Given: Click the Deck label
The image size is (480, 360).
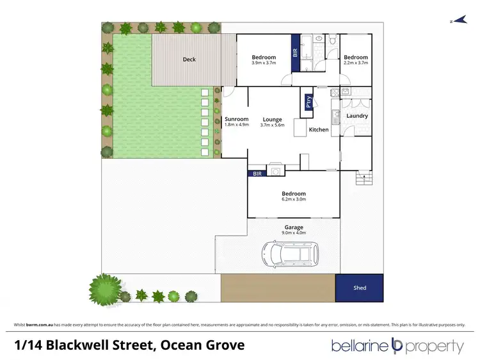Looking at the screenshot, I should click(x=189, y=60).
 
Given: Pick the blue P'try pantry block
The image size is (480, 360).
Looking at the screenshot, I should click(x=308, y=103).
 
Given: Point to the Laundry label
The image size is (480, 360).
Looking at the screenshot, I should click(x=356, y=116).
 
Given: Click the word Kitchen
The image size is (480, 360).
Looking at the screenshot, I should click(x=319, y=130).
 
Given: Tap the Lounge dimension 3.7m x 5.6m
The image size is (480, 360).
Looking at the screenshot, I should click(x=272, y=125).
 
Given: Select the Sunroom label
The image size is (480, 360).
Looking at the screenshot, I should click(x=236, y=119).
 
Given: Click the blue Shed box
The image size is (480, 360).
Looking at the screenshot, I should click(x=360, y=288).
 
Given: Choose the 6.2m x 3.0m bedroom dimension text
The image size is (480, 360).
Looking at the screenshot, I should click(x=294, y=199).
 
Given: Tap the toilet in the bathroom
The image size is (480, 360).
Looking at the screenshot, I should click(x=333, y=42).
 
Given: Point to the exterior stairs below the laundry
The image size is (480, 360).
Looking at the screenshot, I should click(x=365, y=179).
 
